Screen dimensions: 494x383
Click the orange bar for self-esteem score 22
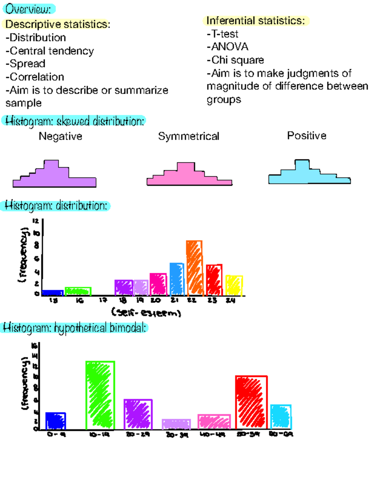pyautogui.click(x=194, y=268)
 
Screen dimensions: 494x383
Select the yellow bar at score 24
pyautogui.click(x=234, y=285)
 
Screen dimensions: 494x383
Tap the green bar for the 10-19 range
pyautogui.click(x=100, y=395)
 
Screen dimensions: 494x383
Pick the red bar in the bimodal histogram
pyautogui.click(x=251, y=402)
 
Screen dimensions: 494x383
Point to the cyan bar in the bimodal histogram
pyautogui.click(x=281, y=417)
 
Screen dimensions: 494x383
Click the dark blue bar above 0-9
pyautogui.click(x=56, y=421)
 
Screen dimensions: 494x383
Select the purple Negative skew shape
pyautogui.click(x=54, y=175)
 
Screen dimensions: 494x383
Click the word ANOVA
pyautogui.click(x=229, y=47)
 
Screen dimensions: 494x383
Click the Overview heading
pyautogui.click(x=28, y=9)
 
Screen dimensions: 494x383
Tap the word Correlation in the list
pyautogui.click(x=37, y=77)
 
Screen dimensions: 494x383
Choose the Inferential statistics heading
pyautogui.click(x=256, y=21)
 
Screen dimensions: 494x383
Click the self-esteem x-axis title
pyautogui.click(x=146, y=313)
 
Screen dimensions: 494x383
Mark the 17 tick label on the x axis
pyautogui.click(x=103, y=300)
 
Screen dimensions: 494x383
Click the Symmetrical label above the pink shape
pyautogui.click(x=189, y=136)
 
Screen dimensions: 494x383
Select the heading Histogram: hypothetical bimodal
pyautogui.click(x=75, y=328)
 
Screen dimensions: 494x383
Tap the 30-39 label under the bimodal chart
pyautogui.click(x=177, y=435)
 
